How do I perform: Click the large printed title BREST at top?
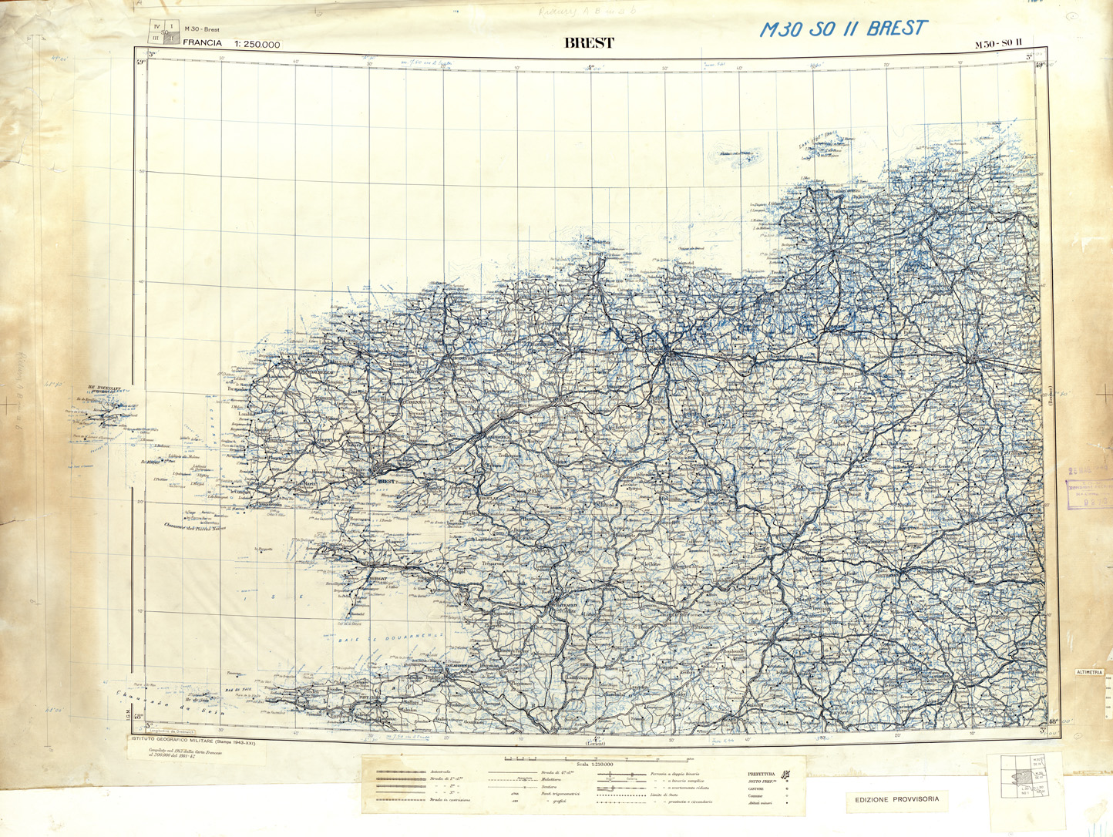pyautogui.click(x=589, y=43)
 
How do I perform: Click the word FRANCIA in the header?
pyautogui.click(x=203, y=44)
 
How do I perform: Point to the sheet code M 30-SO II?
pyautogui.click(x=997, y=44)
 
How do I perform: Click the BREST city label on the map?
pyautogui.click(x=385, y=481)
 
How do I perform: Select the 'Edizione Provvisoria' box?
pyautogui.click(x=897, y=799)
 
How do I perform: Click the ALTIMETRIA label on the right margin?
pyautogui.click(x=1089, y=673)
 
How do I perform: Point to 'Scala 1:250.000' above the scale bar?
pyautogui.click(x=583, y=764)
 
